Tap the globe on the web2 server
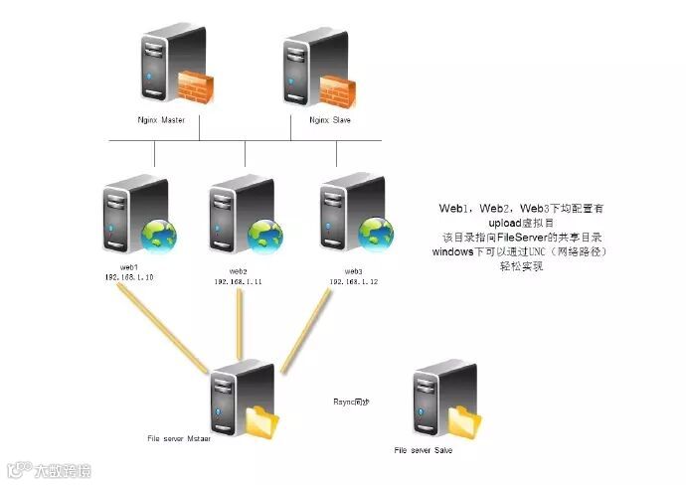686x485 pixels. [265, 236]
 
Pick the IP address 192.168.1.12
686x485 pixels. [353, 281]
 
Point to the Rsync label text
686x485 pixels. [351, 401]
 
